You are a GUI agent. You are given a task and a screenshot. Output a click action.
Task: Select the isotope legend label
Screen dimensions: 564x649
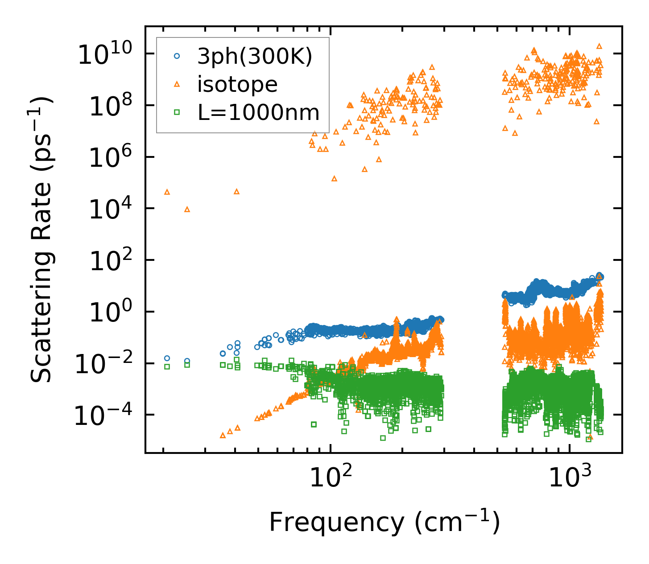pyautogui.click(x=237, y=84)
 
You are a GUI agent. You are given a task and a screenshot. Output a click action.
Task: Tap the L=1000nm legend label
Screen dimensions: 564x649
pyautogui.click(x=259, y=113)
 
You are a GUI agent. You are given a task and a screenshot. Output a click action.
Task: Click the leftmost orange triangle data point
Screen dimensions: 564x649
pyautogui.click(x=167, y=192)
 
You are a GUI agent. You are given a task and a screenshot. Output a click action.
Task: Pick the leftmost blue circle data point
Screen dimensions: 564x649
pyautogui.click(x=167, y=358)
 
